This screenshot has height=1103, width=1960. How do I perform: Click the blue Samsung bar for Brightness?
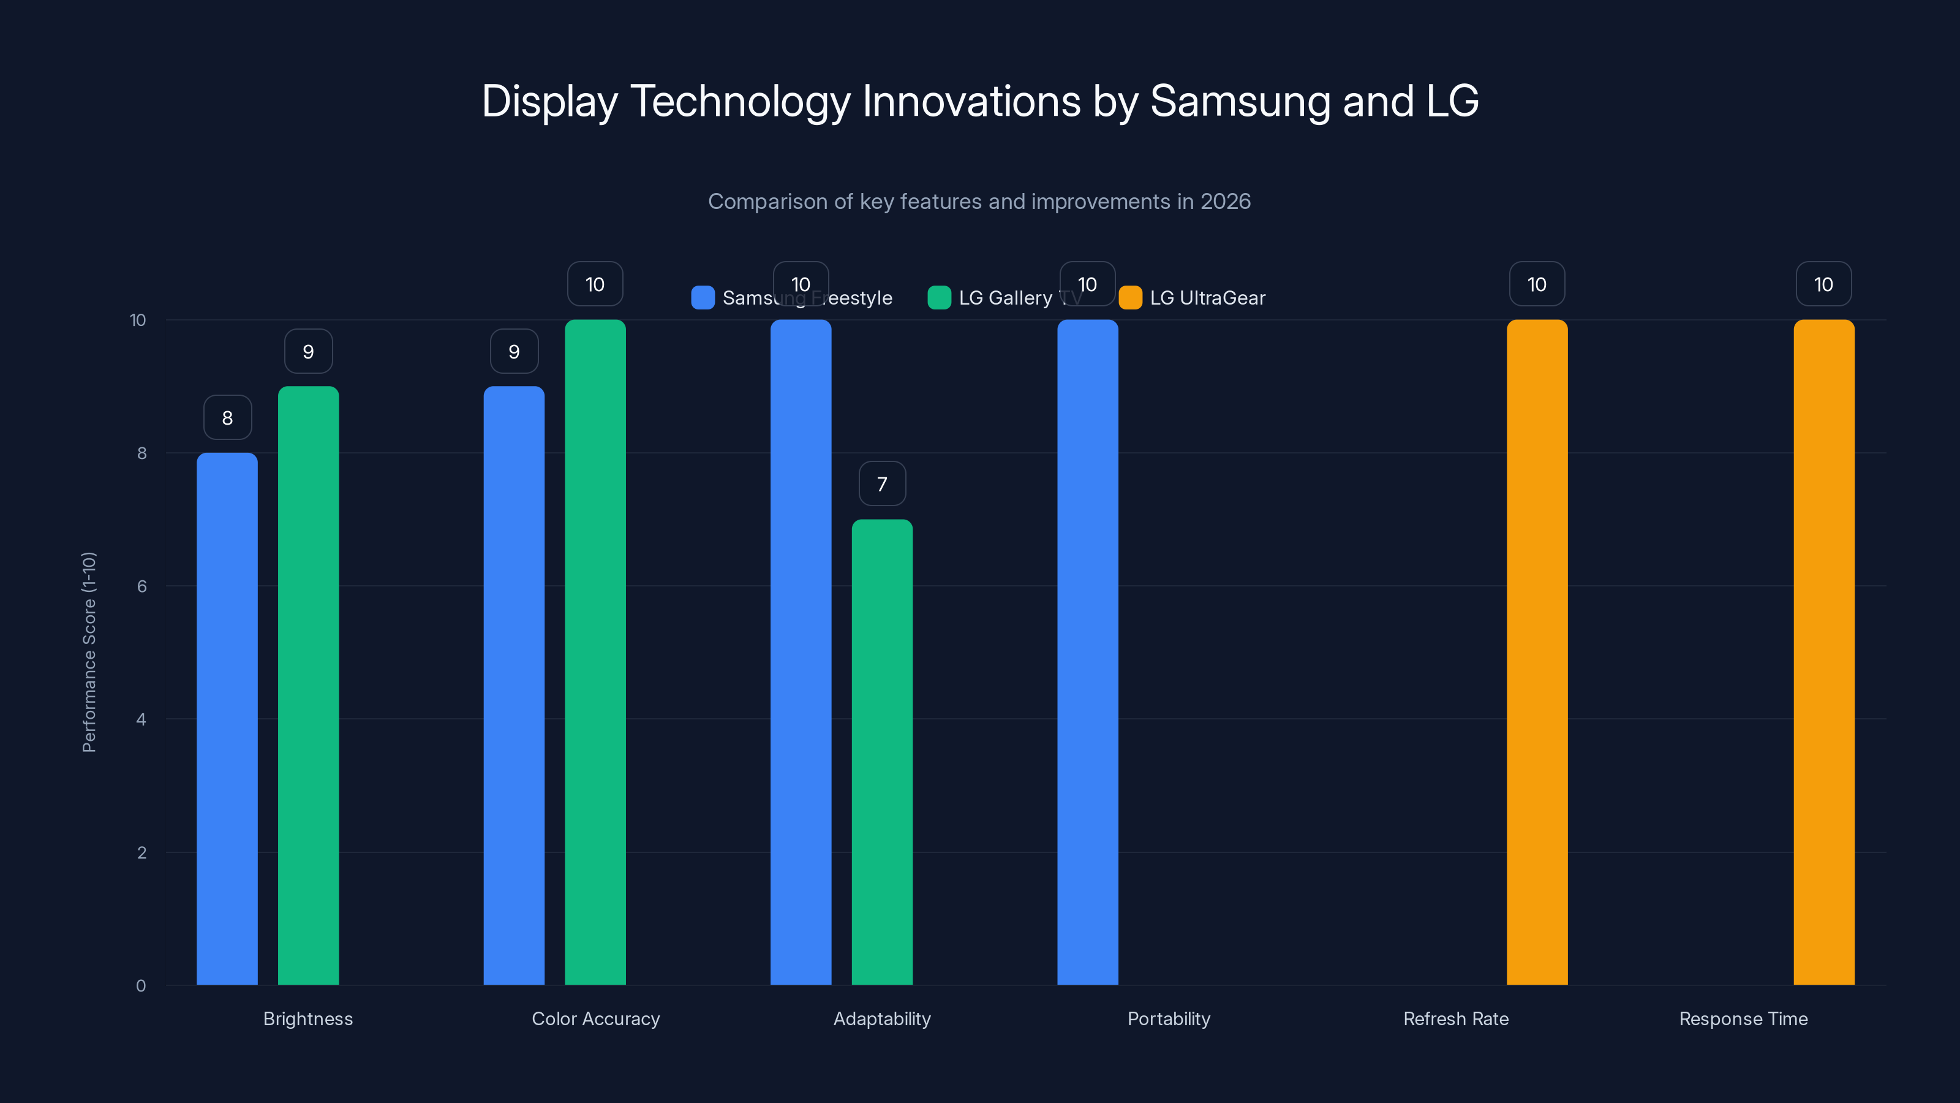tap(227, 719)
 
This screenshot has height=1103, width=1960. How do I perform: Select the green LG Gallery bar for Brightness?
tap(308, 685)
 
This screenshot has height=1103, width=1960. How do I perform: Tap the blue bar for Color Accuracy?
tap(514, 685)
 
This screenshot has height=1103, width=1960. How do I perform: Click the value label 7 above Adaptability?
tap(882, 484)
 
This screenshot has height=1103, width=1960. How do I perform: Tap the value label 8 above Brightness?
tap(227, 418)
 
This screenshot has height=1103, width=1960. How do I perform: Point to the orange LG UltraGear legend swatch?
tap(1131, 298)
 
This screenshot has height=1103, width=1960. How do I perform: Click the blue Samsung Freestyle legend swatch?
tap(703, 298)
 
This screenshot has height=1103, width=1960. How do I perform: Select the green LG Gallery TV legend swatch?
tap(939, 298)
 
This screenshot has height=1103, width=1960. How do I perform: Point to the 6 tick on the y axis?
tap(141, 586)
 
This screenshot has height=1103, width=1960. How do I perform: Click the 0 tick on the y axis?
tap(141, 986)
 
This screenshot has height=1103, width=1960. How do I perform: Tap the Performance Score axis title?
tap(89, 653)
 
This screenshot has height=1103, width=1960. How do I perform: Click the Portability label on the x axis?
tap(1169, 1018)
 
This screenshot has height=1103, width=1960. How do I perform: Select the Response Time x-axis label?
tap(1743, 1018)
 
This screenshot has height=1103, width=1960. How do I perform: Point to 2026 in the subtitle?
tap(1225, 202)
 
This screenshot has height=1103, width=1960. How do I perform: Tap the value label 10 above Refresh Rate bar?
tap(1537, 285)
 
